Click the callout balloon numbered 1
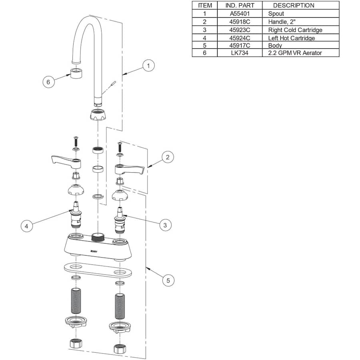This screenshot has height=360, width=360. point(148,66)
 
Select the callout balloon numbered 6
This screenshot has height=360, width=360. point(48,82)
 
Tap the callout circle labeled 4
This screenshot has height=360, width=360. point(26,226)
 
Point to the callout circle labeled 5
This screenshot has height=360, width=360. point(168,280)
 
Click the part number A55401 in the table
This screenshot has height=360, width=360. point(240,14)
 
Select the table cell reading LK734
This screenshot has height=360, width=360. point(240,53)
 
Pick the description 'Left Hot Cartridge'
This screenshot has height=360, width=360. point(291,38)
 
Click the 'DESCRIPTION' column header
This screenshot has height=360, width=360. point(293,5)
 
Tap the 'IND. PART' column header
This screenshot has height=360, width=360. point(240,5)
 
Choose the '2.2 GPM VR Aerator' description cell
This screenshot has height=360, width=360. point(295,53)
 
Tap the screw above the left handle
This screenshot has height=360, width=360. point(75,141)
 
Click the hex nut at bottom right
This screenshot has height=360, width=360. point(119,348)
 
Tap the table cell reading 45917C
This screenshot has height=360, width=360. point(240,46)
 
